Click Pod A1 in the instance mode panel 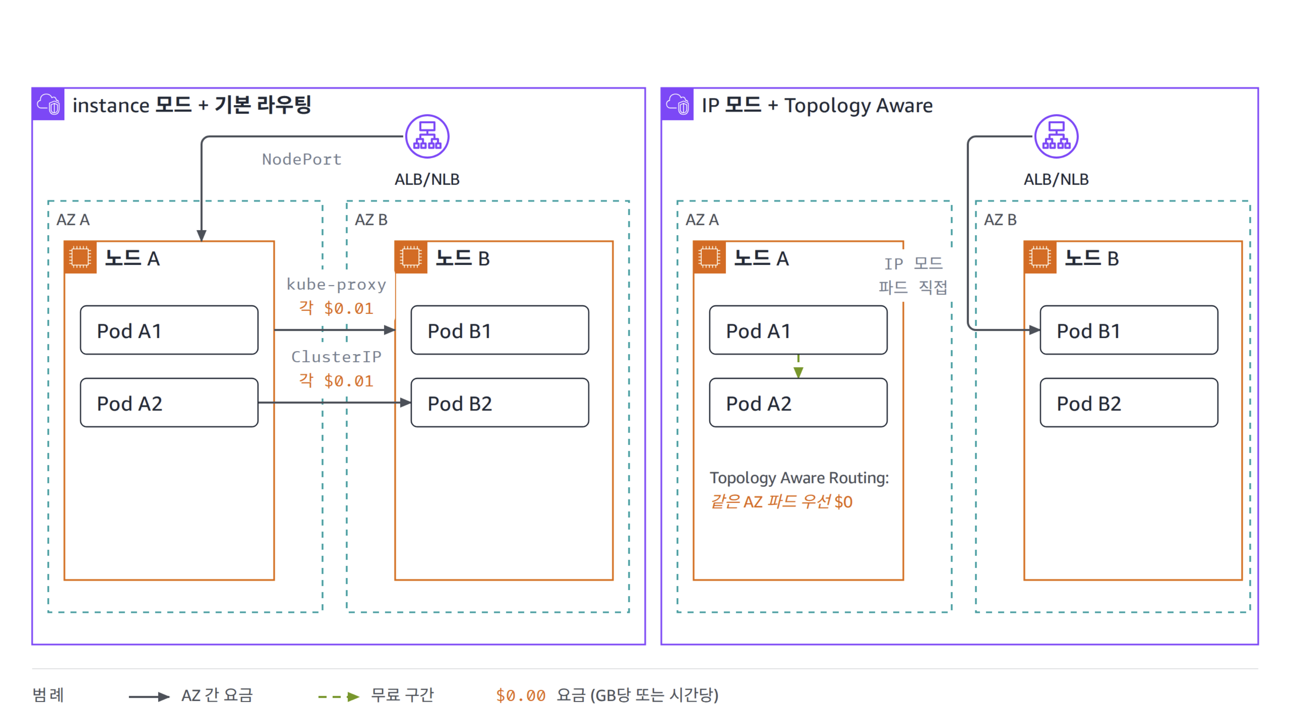pyautogui.click(x=169, y=330)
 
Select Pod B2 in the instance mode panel pyautogui.click(x=500, y=403)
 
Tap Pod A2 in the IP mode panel pyautogui.click(x=798, y=403)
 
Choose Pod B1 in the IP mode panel pyautogui.click(x=1129, y=330)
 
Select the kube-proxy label pyautogui.click(x=336, y=284)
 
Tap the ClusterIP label pyautogui.click(x=336, y=357)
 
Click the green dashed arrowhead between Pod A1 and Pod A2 pyautogui.click(x=798, y=372)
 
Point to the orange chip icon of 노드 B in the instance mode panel pyautogui.click(x=411, y=257)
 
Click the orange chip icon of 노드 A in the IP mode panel pyautogui.click(x=709, y=257)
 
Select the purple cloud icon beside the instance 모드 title pyautogui.click(x=48, y=104)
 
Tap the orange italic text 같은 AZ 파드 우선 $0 pyautogui.click(x=781, y=502)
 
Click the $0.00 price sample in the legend pyautogui.click(x=521, y=695)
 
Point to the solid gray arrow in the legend pyautogui.click(x=149, y=696)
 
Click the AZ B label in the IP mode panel pyautogui.click(x=1000, y=220)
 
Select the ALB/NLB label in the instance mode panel pyautogui.click(x=427, y=179)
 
